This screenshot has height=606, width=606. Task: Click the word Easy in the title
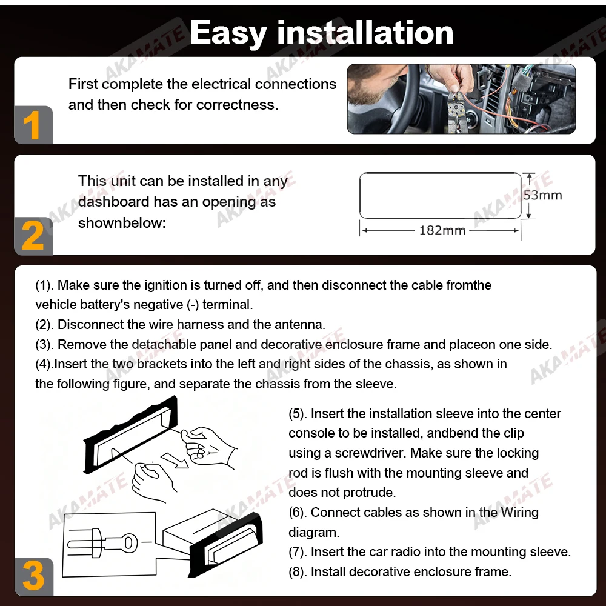(228, 33)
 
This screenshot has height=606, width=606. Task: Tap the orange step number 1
(32, 125)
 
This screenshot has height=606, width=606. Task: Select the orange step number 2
(33, 236)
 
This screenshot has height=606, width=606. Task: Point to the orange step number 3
(33, 576)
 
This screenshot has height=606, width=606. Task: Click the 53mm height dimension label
(542, 195)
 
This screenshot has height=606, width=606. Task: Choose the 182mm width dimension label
(442, 230)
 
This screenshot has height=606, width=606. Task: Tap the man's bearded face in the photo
(370, 82)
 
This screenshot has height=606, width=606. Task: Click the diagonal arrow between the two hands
(175, 460)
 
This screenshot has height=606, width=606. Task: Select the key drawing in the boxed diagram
(102, 543)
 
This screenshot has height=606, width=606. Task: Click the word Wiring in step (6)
(519, 513)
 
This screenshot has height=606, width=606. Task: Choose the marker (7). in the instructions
(298, 552)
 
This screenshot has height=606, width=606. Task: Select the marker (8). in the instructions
(298, 572)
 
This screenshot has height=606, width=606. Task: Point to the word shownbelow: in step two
(122, 223)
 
